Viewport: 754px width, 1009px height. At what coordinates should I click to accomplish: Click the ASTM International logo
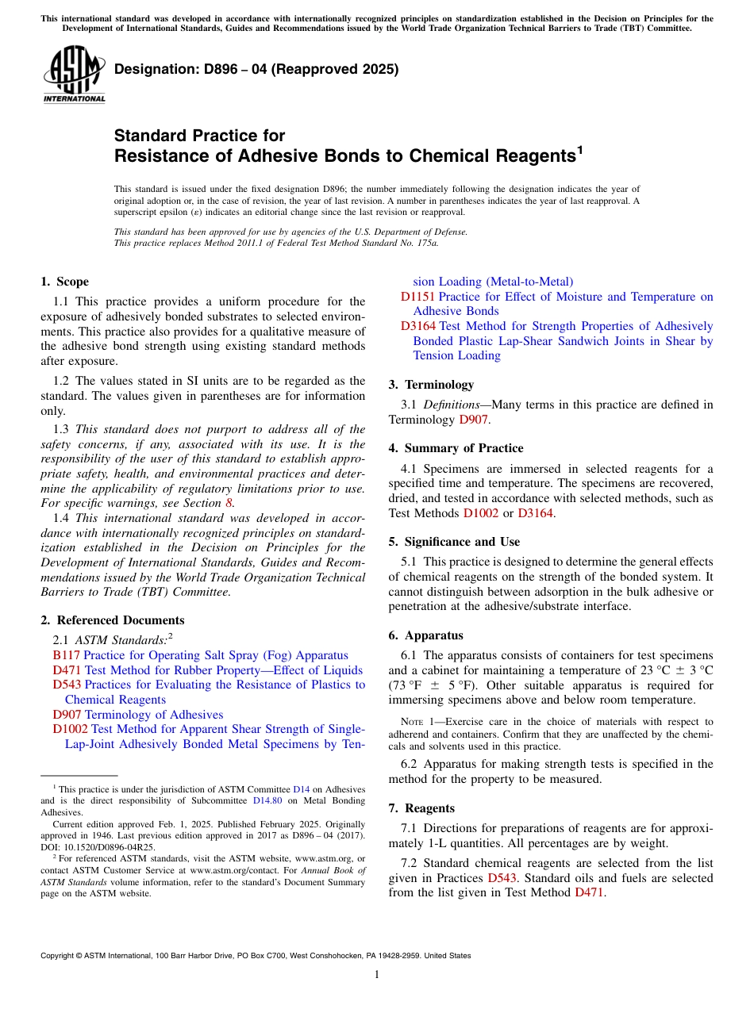click(x=73, y=76)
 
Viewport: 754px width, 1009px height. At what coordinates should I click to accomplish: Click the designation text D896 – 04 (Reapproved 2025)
click(x=256, y=70)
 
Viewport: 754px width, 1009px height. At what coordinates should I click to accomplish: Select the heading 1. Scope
click(x=64, y=282)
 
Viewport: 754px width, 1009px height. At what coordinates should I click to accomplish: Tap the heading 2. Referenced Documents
click(x=112, y=620)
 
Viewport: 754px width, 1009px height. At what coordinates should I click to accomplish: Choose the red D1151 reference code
click(x=417, y=297)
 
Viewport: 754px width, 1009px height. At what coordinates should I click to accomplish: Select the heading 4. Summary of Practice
click(x=456, y=448)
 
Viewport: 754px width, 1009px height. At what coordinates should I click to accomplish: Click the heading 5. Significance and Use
click(x=454, y=542)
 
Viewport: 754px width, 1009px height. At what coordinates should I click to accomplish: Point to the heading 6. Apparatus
click(x=425, y=635)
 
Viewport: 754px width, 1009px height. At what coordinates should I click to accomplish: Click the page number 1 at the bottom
click(x=377, y=974)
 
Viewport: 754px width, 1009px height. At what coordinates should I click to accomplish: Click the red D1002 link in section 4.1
click(x=480, y=513)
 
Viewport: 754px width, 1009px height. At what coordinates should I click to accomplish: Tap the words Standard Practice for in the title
click(x=199, y=136)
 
